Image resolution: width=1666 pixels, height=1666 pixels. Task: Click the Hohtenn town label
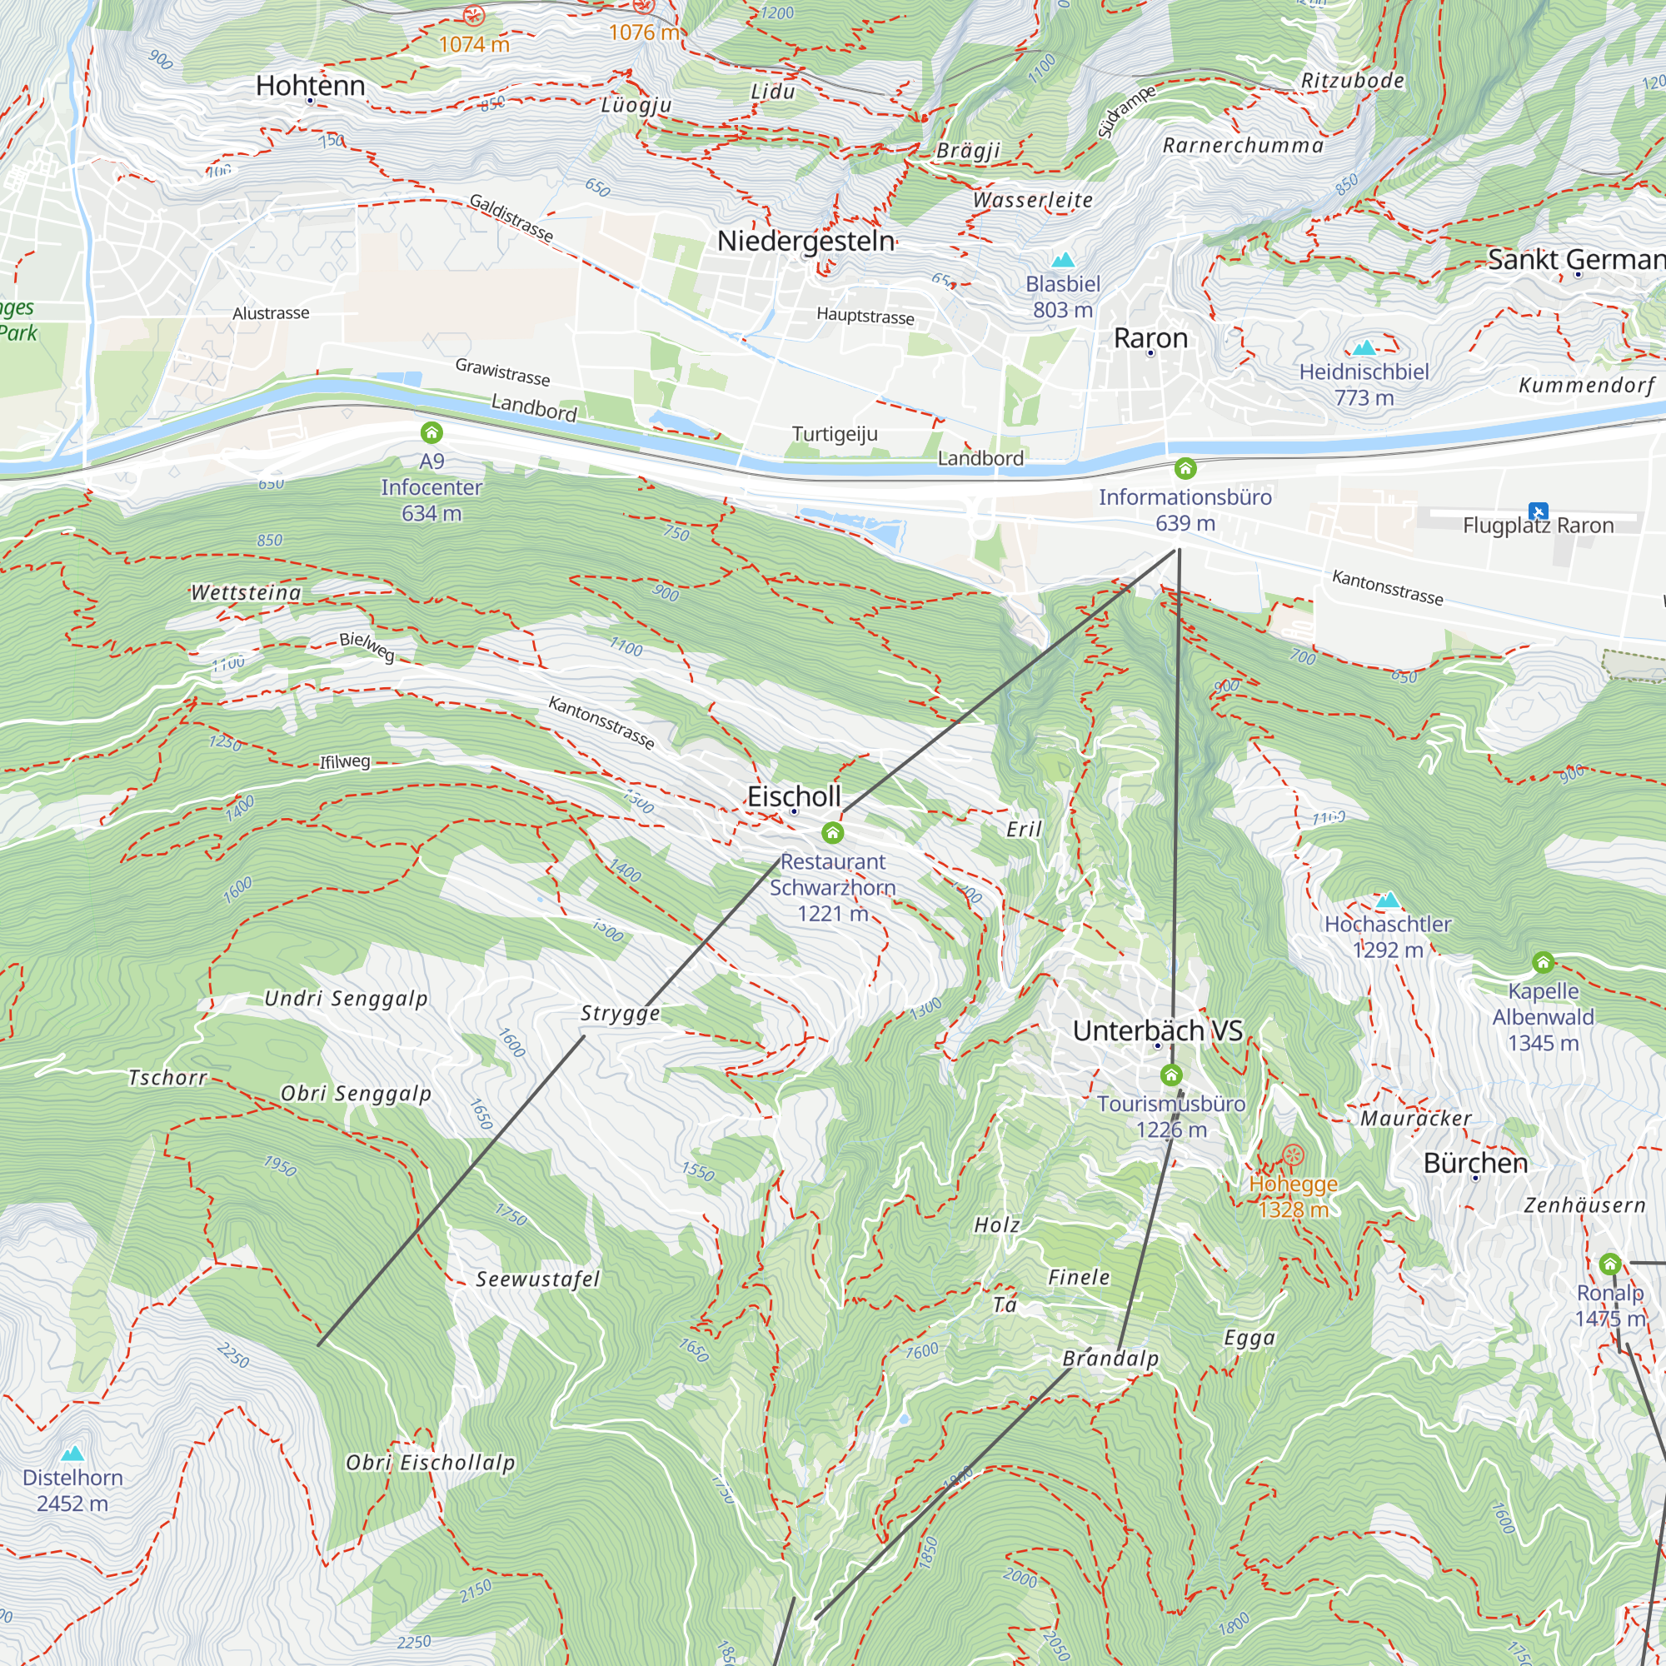pos(311,85)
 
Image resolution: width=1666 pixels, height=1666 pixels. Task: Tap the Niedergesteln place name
pos(806,241)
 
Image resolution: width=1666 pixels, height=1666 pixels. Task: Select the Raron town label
pos(1150,338)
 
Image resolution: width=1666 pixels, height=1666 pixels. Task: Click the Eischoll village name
pos(793,796)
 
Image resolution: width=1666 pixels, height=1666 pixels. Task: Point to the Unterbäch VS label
pos(1157,1030)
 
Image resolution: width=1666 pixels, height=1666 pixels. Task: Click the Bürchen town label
pos(1474,1162)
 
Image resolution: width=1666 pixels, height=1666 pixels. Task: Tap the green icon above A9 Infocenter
pos(431,433)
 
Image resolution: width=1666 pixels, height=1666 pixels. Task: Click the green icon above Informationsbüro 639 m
pos(1185,468)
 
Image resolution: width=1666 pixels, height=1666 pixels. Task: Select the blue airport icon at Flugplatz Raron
pos(1538,511)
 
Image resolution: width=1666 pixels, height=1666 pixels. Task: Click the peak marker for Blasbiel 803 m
pos(1062,260)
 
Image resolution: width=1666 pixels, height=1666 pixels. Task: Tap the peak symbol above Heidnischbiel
pos(1364,348)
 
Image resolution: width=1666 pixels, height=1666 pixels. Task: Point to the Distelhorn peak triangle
pos(72,1454)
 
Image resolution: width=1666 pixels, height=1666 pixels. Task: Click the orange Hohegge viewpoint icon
pos(1293,1155)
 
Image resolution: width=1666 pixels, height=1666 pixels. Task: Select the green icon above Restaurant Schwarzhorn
pos(832,832)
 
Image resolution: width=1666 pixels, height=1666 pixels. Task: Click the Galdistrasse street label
pos(511,217)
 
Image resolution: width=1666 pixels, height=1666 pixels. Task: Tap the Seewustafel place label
pos(537,1279)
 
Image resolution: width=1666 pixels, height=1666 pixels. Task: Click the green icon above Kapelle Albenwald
pos(1543,961)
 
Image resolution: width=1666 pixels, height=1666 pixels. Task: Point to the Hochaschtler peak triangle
pos(1388,900)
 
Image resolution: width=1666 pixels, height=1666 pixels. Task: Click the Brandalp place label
pos(1110,1358)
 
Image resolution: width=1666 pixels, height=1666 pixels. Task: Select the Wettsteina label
pos(246,592)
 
